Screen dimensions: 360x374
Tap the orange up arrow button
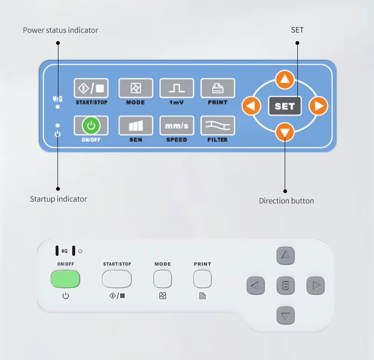pos(285,80)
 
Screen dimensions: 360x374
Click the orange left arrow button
pos(251,106)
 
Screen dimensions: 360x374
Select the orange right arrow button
pos(319,106)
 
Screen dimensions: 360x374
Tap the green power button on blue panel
pos(91,125)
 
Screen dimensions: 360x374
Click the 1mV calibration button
pos(177,88)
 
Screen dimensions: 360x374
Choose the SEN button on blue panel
pos(136,125)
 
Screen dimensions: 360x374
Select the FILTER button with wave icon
pos(218,125)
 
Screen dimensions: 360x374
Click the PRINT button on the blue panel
pos(218,88)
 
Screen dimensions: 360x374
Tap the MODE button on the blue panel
pos(136,88)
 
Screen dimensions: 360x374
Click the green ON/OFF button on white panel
pos(65,280)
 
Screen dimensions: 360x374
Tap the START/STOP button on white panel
pos(117,280)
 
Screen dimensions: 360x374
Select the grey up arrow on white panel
pos(286,256)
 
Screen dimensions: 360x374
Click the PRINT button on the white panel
pos(202,280)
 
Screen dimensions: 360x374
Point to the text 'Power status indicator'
pos(61,30)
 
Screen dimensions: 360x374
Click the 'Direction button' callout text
pos(287,201)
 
